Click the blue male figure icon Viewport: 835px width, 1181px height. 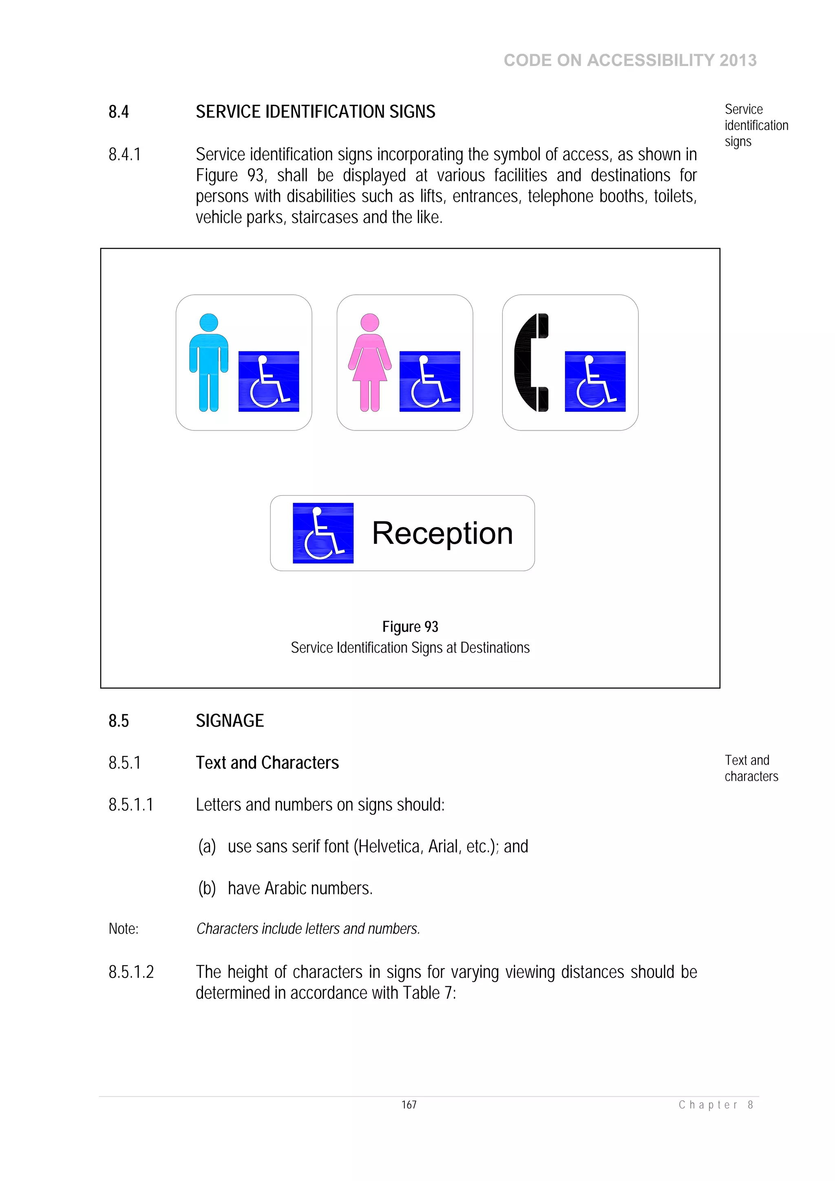tap(208, 363)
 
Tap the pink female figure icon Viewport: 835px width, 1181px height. tap(369, 363)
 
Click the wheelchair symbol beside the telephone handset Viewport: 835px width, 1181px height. tap(595, 381)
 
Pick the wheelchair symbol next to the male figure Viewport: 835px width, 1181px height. tap(269, 381)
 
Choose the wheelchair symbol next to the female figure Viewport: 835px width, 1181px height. tap(430, 381)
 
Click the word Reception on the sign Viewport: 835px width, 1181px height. tap(442, 533)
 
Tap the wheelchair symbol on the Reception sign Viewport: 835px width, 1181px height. tap(323, 533)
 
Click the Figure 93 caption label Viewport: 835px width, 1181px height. tap(410, 627)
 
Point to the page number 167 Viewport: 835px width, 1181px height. tap(409, 1104)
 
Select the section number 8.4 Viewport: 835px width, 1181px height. tap(118, 112)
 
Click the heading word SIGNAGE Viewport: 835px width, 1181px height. tap(230, 721)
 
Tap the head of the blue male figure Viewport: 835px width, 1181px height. tap(208, 322)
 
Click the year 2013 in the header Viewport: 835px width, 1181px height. tap(738, 60)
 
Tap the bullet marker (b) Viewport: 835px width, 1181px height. tap(207, 888)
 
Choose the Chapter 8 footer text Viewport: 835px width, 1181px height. tap(716, 1105)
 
